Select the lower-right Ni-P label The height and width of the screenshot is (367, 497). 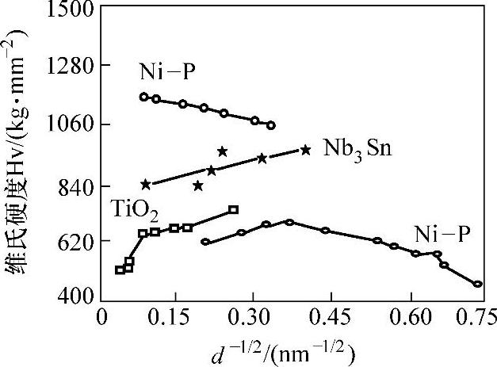pyautogui.click(x=442, y=234)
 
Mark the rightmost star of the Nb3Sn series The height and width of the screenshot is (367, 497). pyautogui.click(x=306, y=150)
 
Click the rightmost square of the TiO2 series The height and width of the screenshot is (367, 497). pyautogui.click(x=233, y=210)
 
